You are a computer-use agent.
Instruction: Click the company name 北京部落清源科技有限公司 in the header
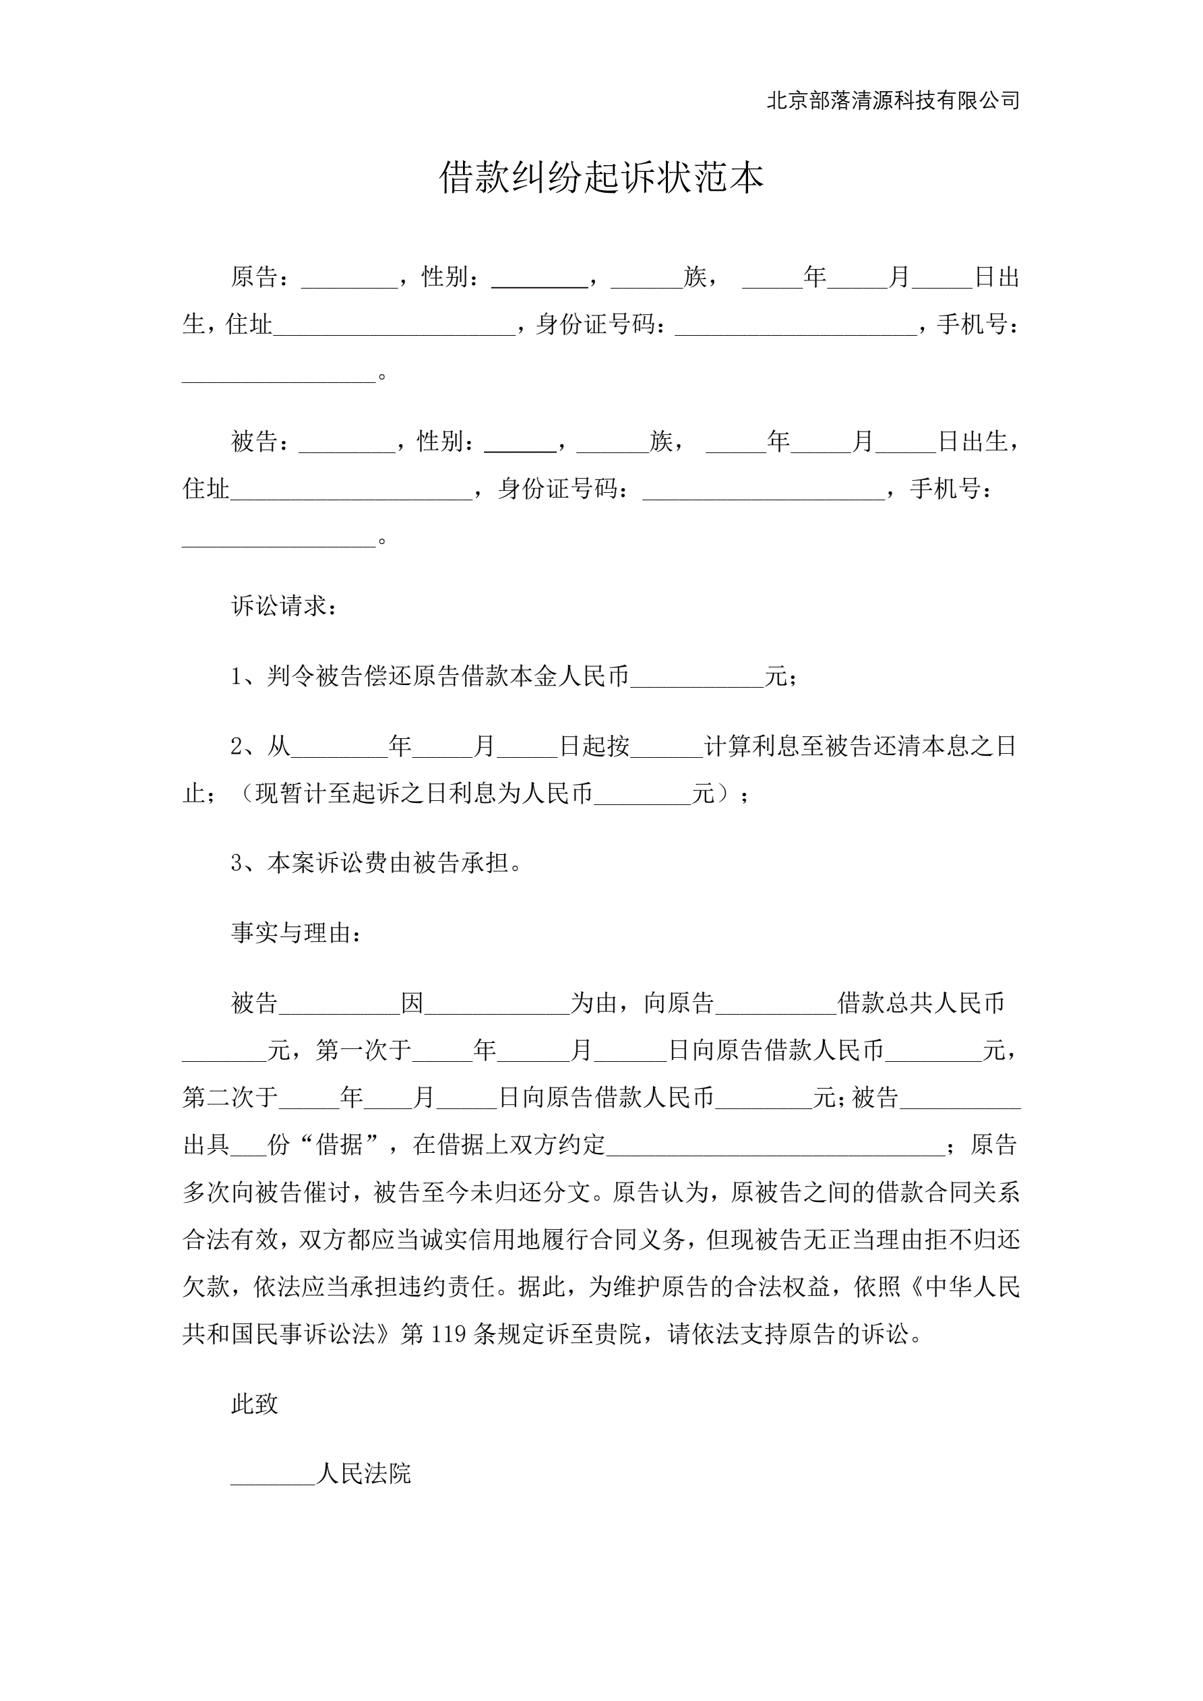(x=892, y=100)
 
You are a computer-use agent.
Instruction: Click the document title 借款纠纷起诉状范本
(x=600, y=178)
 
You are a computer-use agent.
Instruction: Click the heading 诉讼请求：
(x=284, y=606)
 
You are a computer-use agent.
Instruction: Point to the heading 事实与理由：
(x=297, y=932)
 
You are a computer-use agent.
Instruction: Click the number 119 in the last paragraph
(x=448, y=1334)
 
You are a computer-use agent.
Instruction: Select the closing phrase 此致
(x=254, y=1403)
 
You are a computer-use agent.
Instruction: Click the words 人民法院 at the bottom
(x=364, y=1473)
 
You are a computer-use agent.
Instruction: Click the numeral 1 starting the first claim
(x=237, y=676)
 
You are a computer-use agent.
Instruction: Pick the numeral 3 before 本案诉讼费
(x=237, y=863)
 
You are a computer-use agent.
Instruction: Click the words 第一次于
(x=364, y=1050)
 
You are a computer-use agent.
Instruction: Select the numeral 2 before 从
(x=237, y=746)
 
